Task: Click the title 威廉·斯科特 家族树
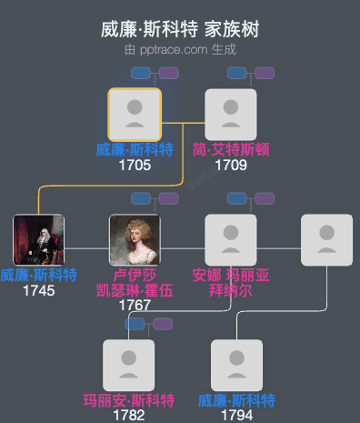[x=180, y=29]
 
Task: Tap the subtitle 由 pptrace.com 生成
[x=180, y=50]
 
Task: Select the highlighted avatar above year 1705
[x=135, y=115]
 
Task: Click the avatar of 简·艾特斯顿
[x=231, y=115]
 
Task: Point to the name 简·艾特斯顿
[x=231, y=150]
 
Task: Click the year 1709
[x=231, y=166]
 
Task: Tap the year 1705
[x=135, y=166]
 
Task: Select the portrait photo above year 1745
[x=38, y=240]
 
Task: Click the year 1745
[x=38, y=291]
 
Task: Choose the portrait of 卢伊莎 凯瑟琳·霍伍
[x=135, y=240]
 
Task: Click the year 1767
[x=135, y=305]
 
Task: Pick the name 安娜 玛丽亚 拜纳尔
[x=231, y=283]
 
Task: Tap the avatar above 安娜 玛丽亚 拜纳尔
[x=231, y=240]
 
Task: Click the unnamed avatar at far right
[x=326, y=240]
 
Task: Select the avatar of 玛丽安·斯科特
[x=129, y=366]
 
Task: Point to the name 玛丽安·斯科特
[x=129, y=400]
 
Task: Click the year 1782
[x=129, y=415]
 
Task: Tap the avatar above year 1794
[x=236, y=366]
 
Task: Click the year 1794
[x=236, y=415]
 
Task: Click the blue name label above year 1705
[x=135, y=150]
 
